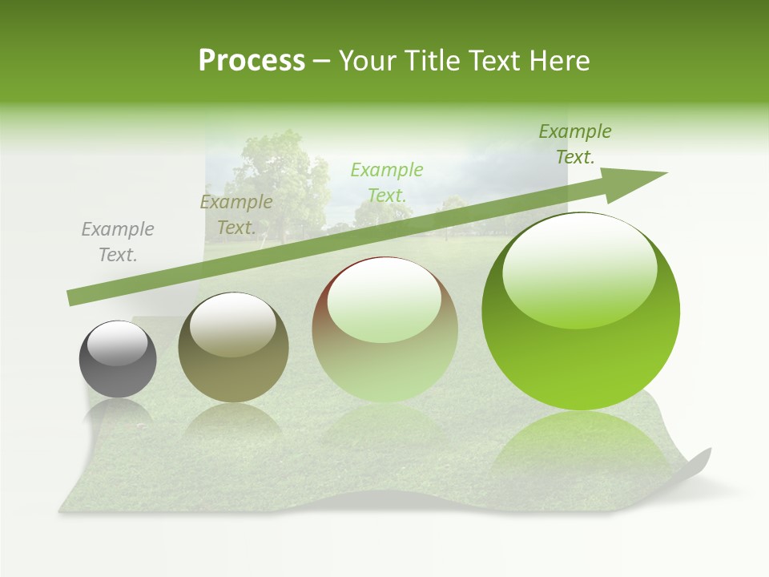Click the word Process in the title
252,61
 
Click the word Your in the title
368,61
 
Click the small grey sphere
118,359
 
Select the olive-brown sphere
233,347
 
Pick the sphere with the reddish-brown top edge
385,329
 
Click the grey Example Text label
118,242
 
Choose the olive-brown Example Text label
236,215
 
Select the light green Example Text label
386,182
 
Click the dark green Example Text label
574,143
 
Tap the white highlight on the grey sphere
118,344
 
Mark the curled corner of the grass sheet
699,465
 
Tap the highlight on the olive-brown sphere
233,324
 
